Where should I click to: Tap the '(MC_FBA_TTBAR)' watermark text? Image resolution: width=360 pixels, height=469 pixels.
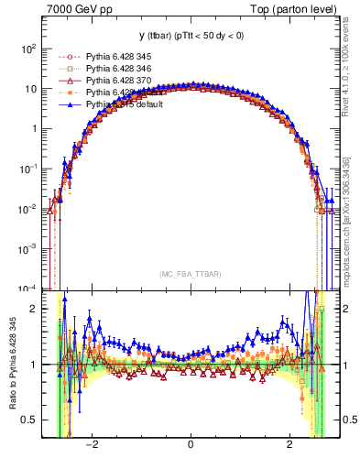pos(189,274)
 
